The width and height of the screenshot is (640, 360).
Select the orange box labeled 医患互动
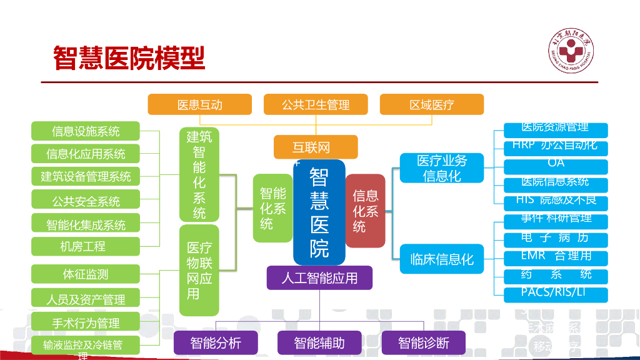(x=199, y=104)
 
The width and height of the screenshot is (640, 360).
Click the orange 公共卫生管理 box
(x=315, y=104)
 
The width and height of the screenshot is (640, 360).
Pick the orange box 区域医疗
(x=431, y=104)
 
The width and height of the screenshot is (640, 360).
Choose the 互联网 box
(x=316, y=147)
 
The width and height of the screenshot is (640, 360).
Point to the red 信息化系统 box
(x=365, y=211)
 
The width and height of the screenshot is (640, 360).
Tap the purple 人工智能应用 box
(x=319, y=277)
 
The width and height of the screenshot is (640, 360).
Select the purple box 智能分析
(x=216, y=342)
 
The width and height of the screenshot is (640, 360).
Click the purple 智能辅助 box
(x=319, y=342)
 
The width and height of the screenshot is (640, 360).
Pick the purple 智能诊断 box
(x=423, y=342)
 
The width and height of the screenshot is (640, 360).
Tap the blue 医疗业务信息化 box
(x=441, y=167)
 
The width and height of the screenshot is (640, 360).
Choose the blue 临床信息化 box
(x=441, y=259)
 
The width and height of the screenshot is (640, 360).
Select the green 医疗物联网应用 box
(x=199, y=270)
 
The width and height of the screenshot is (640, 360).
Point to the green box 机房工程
(x=86, y=246)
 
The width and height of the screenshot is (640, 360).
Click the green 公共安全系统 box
(x=86, y=201)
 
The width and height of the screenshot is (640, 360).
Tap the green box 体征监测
(x=86, y=274)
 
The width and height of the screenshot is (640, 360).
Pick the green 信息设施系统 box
(x=86, y=131)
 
